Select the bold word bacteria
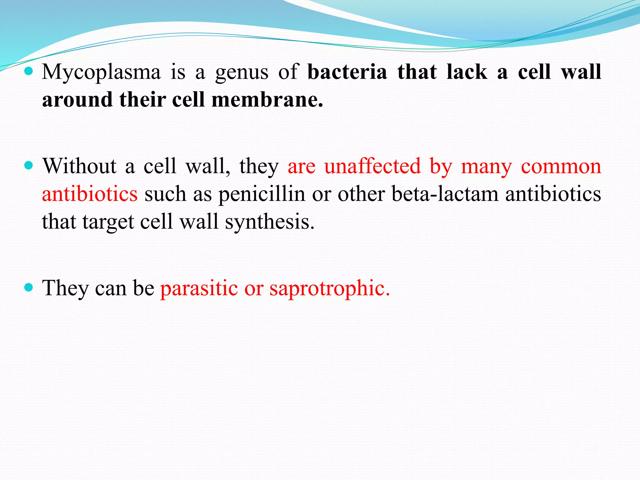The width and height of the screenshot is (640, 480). (347, 72)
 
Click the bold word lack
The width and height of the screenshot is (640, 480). (467, 72)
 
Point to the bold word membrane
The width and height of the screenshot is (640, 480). (267, 100)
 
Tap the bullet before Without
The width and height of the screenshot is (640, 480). (28, 166)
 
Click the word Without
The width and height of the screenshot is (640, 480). (79, 166)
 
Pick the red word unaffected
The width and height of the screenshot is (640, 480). (372, 166)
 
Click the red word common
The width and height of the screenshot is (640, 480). (561, 166)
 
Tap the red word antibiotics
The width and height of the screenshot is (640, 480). (90, 194)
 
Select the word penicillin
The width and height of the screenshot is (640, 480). (262, 194)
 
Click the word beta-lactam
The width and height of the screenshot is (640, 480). (445, 194)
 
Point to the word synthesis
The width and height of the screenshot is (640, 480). (270, 222)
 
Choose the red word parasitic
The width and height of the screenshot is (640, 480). (199, 288)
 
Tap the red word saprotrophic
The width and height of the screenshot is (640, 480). (330, 288)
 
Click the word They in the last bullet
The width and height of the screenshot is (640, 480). (66, 288)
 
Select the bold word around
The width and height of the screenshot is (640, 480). (77, 100)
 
